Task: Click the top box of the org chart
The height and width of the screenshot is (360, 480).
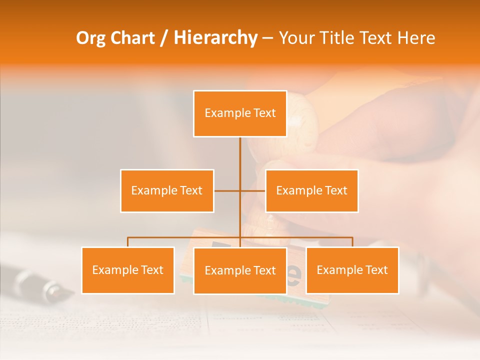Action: pyautogui.click(x=240, y=113)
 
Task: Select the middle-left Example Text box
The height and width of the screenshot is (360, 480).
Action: pyautogui.click(x=167, y=190)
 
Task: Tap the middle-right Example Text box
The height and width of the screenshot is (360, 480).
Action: pyautogui.click(x=311, y=190)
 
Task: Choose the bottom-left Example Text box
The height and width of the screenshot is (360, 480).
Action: pyautogui.click(x=127, y=270)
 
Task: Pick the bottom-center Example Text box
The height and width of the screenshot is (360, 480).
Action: pyautogui.click(x=240, y=270)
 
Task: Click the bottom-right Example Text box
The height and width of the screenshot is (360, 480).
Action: pyautogui.click(x=352, y=270)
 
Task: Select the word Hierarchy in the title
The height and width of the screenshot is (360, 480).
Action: pyautogui.click(x=215, y=38)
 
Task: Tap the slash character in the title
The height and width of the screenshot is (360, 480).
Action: pyautogui.click(x=164, y=38)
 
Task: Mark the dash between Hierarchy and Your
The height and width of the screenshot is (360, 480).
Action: pyautogui.click(x=267, y=38)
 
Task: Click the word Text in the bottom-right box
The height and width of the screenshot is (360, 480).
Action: pyautogui.click(x=375, y=270)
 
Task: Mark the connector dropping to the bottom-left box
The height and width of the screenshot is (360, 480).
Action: pyautogui.click(x=127, y=242)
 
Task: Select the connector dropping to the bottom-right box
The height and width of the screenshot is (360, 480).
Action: pyautogui.click(x=352, y=242)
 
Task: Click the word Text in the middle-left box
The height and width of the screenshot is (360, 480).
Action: pyautogui.click(x=190, y=190)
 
